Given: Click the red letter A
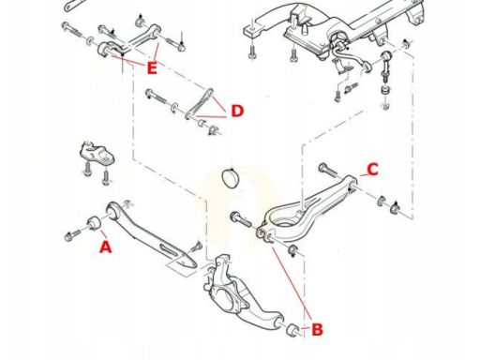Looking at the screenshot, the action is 105,247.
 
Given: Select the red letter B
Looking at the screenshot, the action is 317,330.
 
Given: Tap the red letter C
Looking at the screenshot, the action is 372,170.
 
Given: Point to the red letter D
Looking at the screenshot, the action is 237,111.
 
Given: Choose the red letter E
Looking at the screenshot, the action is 152,68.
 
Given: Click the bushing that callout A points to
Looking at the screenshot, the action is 93,222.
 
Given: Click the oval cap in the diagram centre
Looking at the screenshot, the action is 231,178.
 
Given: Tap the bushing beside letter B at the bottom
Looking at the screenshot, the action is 292,330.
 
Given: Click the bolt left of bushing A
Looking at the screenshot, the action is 72,235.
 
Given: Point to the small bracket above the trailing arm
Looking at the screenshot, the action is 97,154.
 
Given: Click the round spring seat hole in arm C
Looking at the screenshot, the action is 283,222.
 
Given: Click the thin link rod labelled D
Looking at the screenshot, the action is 199,104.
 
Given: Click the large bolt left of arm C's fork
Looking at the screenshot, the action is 240,219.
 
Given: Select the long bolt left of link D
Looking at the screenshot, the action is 158,97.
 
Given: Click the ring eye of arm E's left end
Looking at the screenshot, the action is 104,50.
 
